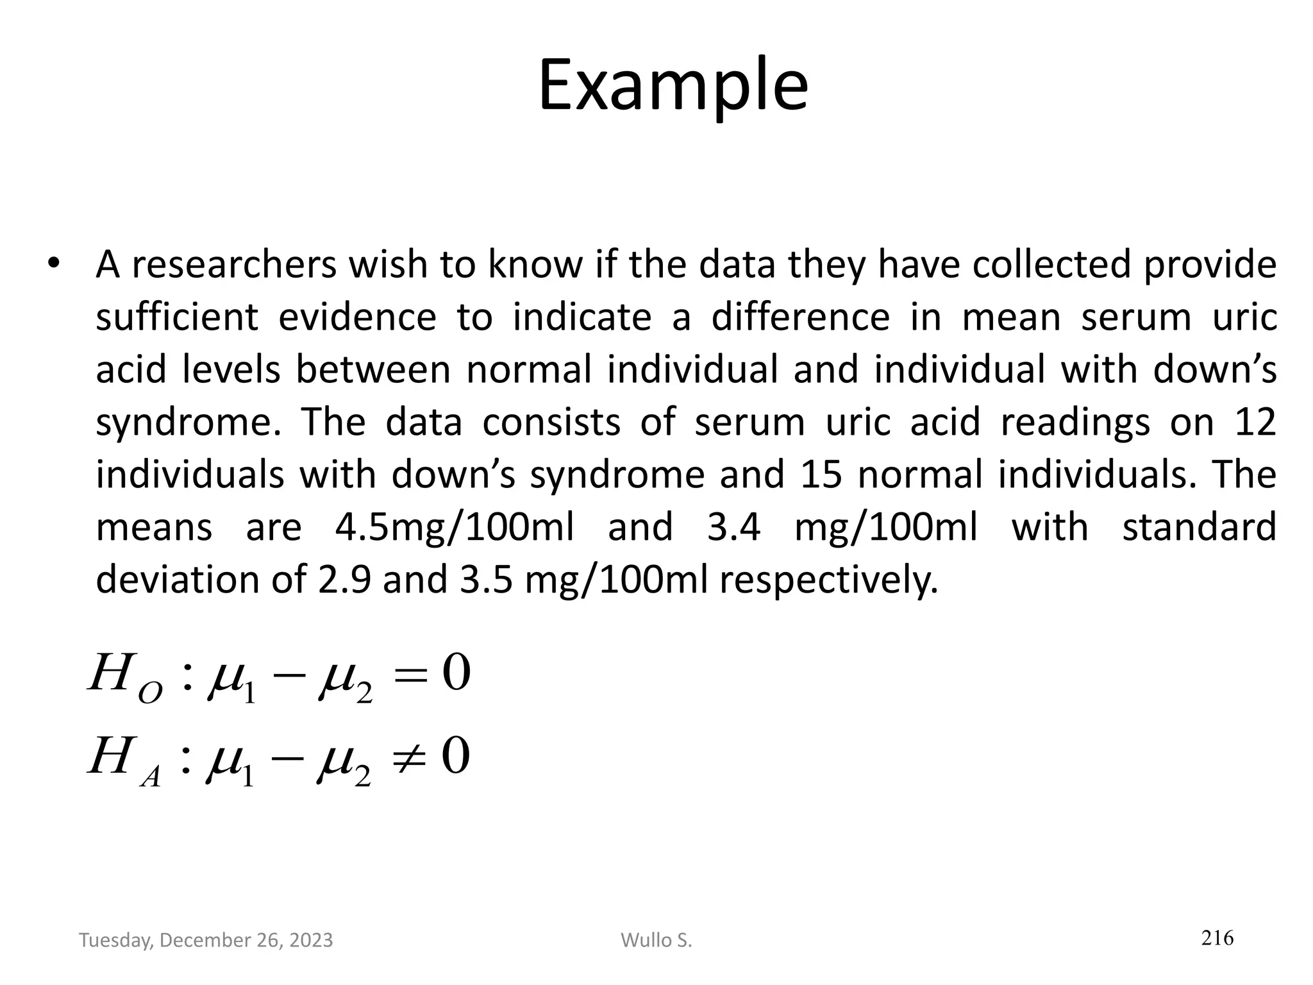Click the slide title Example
coord(673,87)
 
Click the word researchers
coord(234,264)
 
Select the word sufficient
coord(176,317)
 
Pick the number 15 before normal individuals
coord(821,475)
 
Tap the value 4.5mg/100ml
coord(455,527)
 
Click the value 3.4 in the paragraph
coord(733,527)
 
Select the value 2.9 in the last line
coord(344,580)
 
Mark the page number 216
coord(1217,938)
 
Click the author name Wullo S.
coord(656,940)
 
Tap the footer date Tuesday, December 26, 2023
coord(206,940)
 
